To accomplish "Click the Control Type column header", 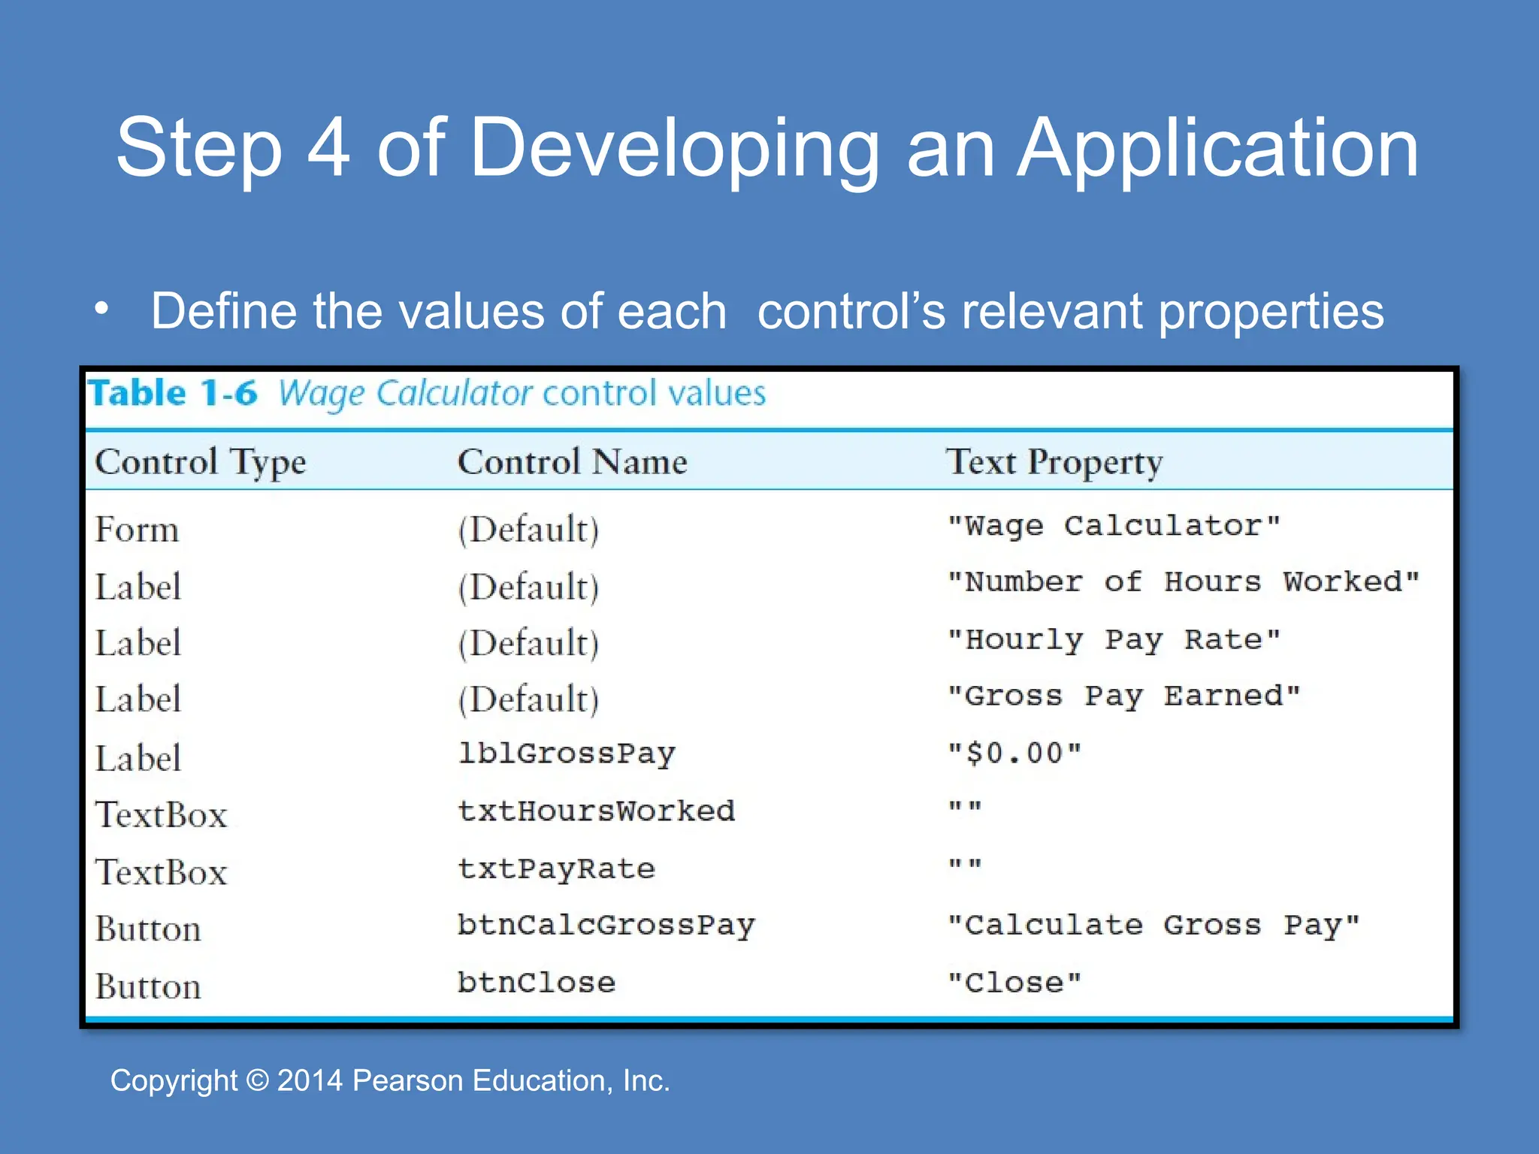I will pyautogui.click(x=200, y=461).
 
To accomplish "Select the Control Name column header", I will pyautogui.click(x=572, y=461).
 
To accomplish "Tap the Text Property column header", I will pyautogui.click(x=1054, y=461).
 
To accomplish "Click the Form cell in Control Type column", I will pyautogui.click(x=137, y=530).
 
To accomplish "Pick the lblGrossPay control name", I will pyautogui.click(x=567, y=754).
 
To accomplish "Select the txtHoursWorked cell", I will pyautogui.click(x=596, y=811).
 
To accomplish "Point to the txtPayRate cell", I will pyautogui.click(x=556, y=869).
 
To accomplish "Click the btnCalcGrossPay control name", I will pyautogui.click(x=606, y=926).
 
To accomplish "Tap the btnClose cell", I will pyautogui.click(x=537, y=983).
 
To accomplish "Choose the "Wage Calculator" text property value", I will pyautogui.click(x=1113, y=525).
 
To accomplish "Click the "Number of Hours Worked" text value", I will pyautogui.click(x=1183, y=582).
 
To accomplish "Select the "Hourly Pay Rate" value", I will pyautogui.click(x=1113, y=639).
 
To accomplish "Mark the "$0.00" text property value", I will pyautogui.click(x=1014, y=753).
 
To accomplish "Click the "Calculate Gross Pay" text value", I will pyautogui.click(x=1153, y=925).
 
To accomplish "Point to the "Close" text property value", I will pyautogui.click(x=1014, y=983).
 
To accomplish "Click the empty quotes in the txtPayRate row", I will pyautogui.click(x=964, y=865).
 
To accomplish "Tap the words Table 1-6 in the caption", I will pyautogui.click(x=173, y=393).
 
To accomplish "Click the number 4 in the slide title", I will pyautogui.click(x=328, y=148).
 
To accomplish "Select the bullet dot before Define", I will pyautogui.click(x=102, y=309).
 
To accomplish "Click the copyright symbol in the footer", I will pyautogui.click(x=257, y=1080).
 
